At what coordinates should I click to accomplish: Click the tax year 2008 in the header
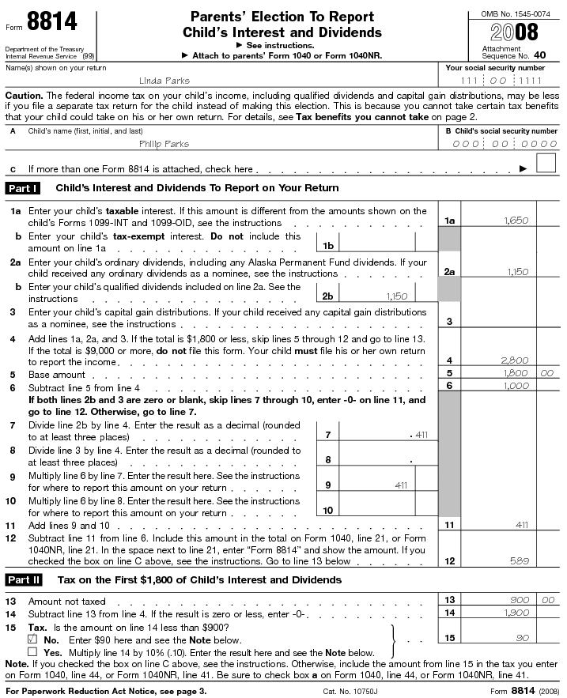514,32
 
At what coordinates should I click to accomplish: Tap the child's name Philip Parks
164,144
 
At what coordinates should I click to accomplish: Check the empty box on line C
546,164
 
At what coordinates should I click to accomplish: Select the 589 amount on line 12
519,560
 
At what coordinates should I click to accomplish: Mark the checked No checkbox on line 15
32,638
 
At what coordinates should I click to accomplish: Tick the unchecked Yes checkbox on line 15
32,651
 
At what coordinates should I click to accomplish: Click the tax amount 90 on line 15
523,638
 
